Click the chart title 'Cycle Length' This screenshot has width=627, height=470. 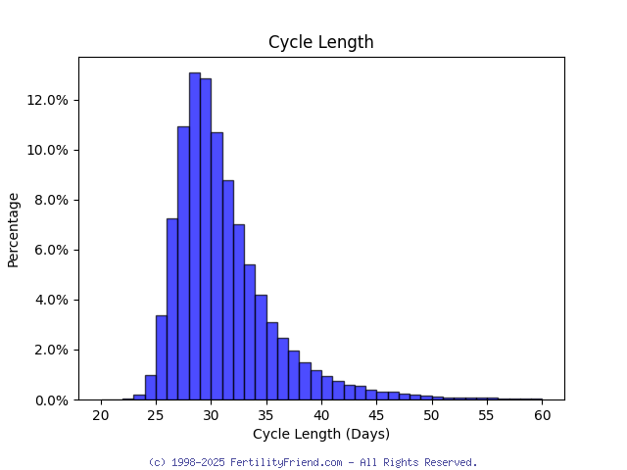320,42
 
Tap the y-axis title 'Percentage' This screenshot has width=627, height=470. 14,229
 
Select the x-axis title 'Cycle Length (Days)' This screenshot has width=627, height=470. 320,434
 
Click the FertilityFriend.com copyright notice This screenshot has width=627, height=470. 313,462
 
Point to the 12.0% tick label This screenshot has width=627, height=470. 48,100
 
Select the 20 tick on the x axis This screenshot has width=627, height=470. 100,415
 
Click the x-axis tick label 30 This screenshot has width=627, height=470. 211,415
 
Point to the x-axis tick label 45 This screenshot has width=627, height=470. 376,415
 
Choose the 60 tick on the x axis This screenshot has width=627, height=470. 542,415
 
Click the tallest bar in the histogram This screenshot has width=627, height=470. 194,235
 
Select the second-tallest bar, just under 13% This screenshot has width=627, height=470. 206,239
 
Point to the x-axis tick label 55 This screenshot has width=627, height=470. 487,415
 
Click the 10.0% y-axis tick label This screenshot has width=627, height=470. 48,150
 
